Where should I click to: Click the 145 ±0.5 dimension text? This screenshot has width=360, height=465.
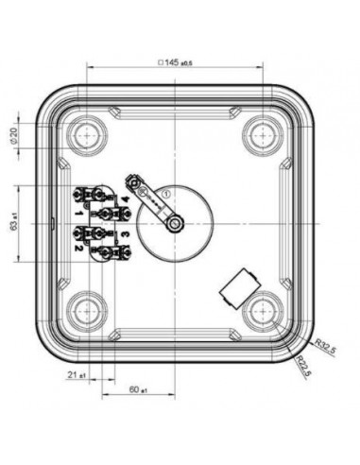[174, 62]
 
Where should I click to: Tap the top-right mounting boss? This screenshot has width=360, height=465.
[262, 131]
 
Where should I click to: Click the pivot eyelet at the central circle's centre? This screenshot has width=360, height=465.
[174, 222]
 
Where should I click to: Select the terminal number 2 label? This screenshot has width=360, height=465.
[78, 247]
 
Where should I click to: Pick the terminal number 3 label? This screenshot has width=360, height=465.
[124, 233]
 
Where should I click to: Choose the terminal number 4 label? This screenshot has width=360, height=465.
[124, 200]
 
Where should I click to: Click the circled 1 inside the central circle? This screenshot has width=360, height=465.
[165, 194]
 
